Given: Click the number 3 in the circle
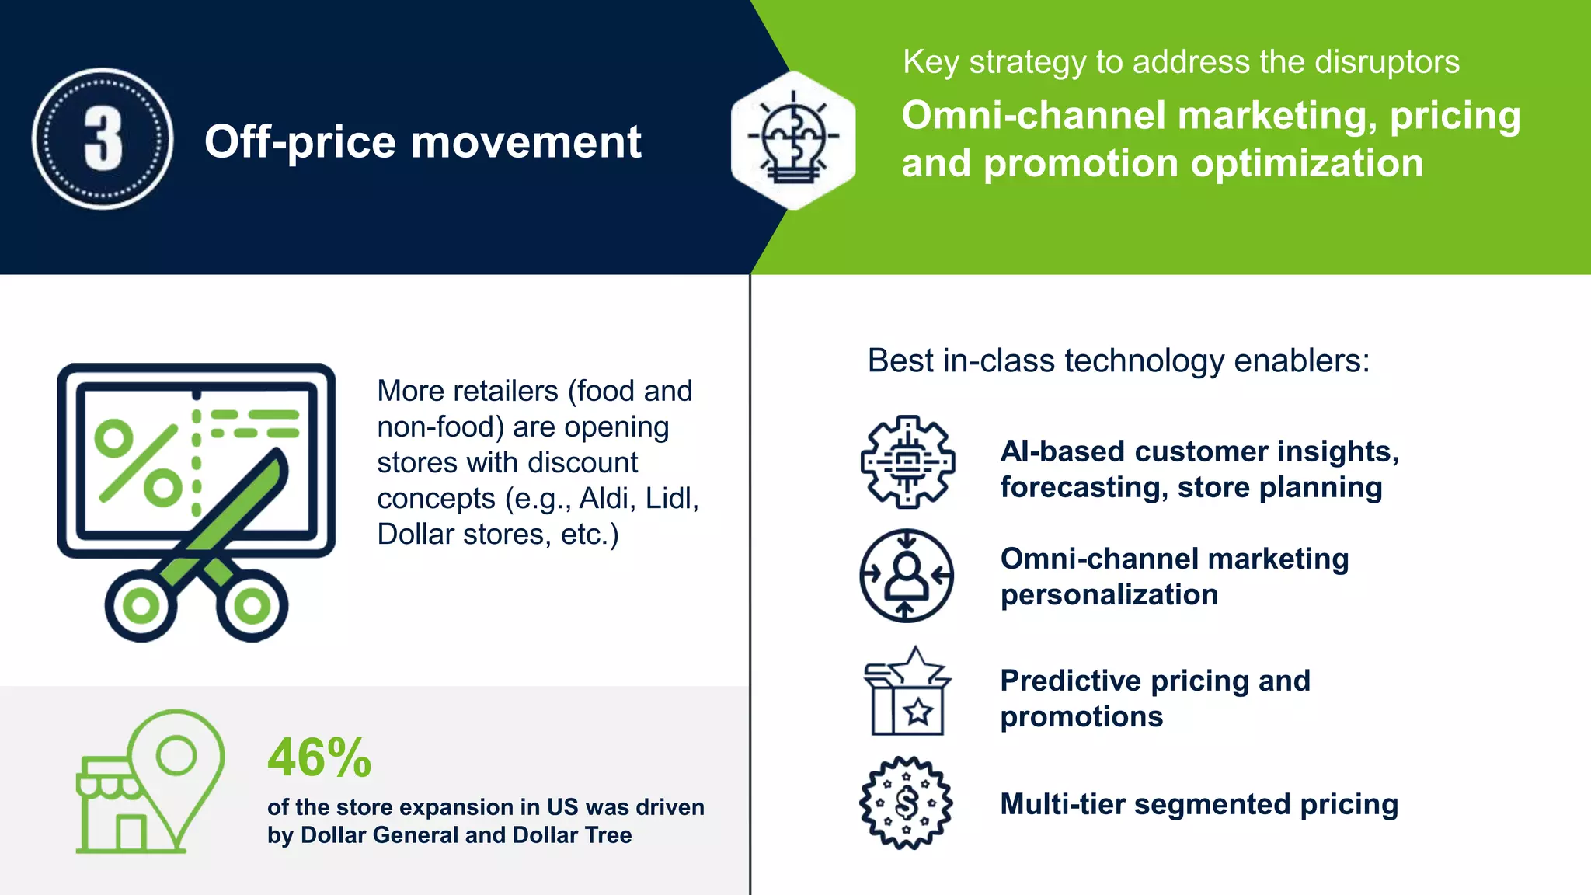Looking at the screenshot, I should coord(103,138).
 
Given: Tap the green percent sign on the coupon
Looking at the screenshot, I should coord(138,463).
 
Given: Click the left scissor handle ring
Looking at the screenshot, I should coord(141,606).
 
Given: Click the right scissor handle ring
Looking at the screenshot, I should coord(252,606).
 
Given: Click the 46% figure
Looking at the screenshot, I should coord(319,758).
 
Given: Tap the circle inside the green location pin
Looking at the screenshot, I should coord(176,754).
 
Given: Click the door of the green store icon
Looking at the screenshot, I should coord(131,833).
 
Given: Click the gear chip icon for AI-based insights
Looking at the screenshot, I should coord(907,462).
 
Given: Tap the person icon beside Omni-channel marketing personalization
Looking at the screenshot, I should coord(907,575).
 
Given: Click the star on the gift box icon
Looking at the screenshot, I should coord(918,710).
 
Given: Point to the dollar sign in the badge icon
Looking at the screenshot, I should coord(906,803).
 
